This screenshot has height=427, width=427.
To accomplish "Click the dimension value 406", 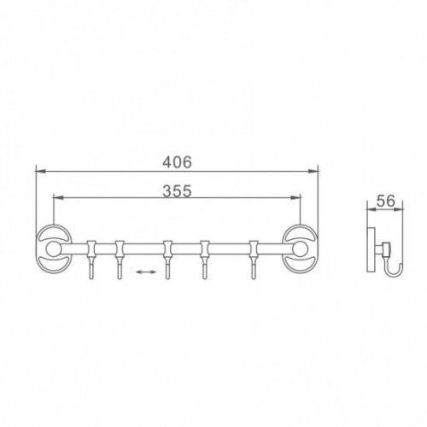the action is pyautogui.click(x=177, y=162).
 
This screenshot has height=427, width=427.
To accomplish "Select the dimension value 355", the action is pyautogui.click(x=177, y=190).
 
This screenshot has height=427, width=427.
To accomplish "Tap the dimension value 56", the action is pyautogui.click(x=386, y=201).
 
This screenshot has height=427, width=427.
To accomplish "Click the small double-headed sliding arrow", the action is pyautogui.click(x=146, y=272).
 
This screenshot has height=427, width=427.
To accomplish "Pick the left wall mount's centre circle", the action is pyautogui.click(x=53, y=249).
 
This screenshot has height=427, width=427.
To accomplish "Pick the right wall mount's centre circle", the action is pyautogui.click(x=300, y=249).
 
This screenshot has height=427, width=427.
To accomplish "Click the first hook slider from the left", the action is pyautogui.click(x=91, y=249).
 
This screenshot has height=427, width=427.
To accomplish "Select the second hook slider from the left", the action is pyautogui.click(x=120, y=249).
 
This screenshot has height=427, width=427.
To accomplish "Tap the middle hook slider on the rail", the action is pyautogui.click(x=167, y=249).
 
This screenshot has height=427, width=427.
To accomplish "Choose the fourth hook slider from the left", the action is pyautogui.click(x=205, y=249).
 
